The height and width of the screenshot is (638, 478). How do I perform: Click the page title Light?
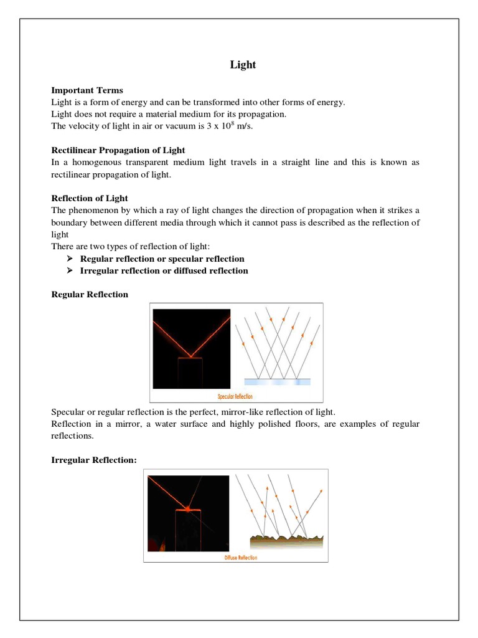point(243,65)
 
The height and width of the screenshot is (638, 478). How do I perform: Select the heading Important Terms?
point(87,90)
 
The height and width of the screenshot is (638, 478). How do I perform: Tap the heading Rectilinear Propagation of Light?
point(118,150)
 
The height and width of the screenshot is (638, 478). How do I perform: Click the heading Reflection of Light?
point(89,198)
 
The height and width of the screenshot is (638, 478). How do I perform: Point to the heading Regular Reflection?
point(90,294)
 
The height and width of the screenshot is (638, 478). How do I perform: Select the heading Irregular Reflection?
point(93,459)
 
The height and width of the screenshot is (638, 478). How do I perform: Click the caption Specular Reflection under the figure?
point(235,396)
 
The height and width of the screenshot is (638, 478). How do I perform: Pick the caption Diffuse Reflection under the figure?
point(240,558)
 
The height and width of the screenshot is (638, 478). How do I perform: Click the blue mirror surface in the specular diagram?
point(277,381)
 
